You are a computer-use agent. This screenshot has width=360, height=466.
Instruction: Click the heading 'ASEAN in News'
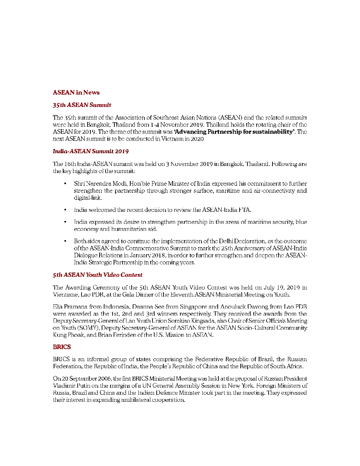76,92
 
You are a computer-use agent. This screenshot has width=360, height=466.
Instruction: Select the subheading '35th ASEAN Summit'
82,105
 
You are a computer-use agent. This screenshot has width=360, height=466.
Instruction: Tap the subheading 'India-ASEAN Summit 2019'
91,151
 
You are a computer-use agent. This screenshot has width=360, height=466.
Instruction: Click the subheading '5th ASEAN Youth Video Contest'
97,275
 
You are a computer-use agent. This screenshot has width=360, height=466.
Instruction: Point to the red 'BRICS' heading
62,347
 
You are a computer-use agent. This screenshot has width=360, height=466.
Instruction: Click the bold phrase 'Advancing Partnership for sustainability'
234,132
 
